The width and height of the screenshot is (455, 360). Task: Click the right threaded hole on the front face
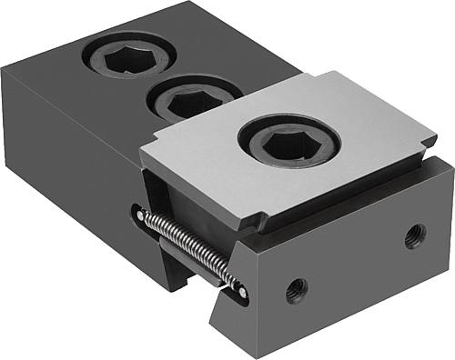tap(415, 235)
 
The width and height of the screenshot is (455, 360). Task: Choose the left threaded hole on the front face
tap(297, 291)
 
